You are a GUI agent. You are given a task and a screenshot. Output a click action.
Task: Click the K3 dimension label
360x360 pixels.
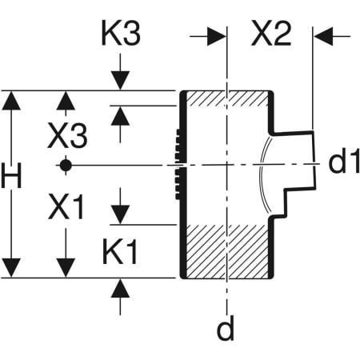(119, 34)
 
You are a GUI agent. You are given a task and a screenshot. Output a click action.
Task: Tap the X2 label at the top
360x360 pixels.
(270, 34)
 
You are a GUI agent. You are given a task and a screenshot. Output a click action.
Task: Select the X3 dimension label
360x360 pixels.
(67, 136)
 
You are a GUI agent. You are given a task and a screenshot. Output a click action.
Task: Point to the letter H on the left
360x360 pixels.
(10, 178)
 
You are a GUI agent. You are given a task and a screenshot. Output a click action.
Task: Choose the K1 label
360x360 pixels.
(120, 254)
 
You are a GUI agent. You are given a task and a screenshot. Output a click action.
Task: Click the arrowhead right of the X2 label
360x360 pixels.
(321, 36)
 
